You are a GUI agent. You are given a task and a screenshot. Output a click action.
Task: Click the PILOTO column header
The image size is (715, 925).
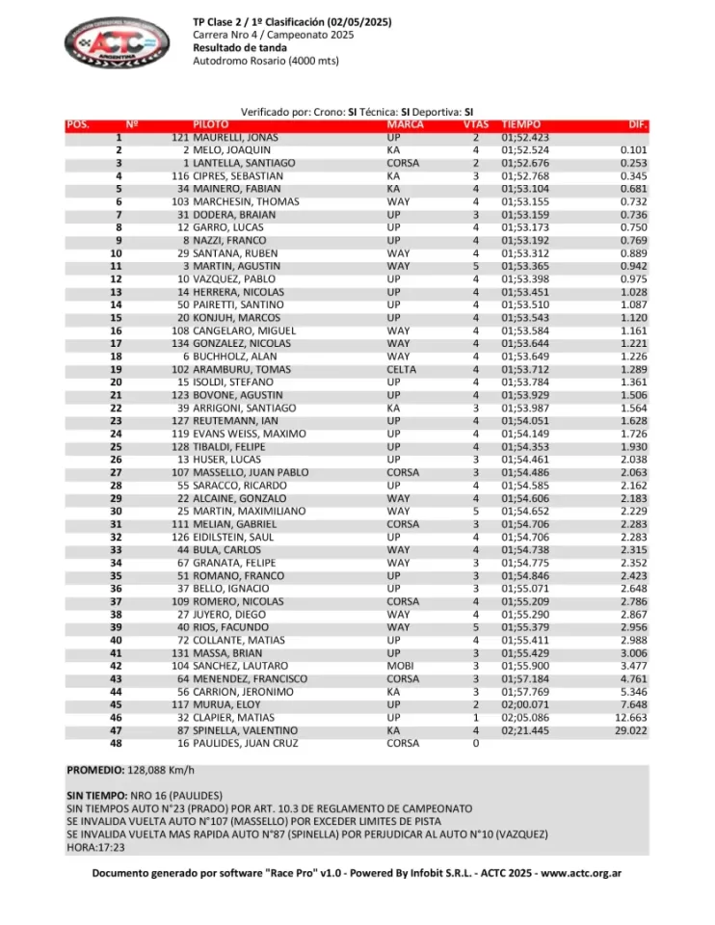tap(211, 125)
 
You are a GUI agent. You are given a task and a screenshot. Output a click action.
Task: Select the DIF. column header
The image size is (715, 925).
tap(637, 125)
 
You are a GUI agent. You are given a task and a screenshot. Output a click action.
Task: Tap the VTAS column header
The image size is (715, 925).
tap(474, 125)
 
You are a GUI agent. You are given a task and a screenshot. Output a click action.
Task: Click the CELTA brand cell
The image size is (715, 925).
tap(402, 369)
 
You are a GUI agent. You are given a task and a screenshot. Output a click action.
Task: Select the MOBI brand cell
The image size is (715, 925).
tap(400, 666)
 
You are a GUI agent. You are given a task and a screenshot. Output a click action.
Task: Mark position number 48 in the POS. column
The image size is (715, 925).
tap(117, 744)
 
